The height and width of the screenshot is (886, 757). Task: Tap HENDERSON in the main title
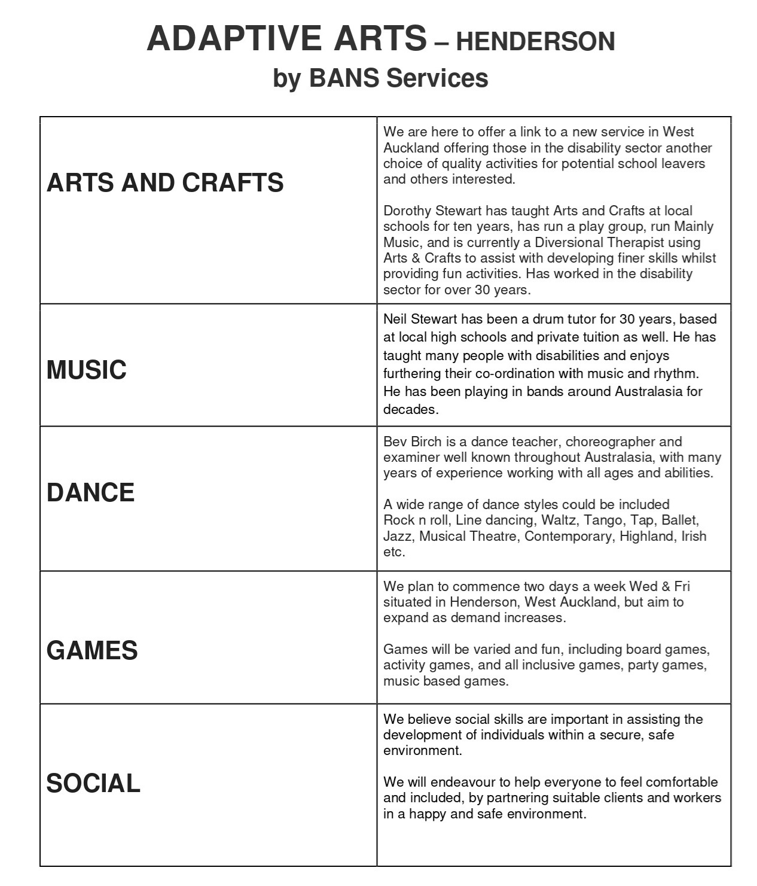[535, 42]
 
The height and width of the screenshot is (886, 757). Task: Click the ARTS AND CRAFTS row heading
[165, 182]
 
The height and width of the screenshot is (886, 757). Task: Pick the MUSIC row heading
[87, 370]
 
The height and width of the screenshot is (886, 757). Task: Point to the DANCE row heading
[91, 492]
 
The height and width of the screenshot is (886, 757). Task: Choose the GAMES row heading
[92, 650]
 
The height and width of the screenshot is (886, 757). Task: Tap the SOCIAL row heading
[93, 783]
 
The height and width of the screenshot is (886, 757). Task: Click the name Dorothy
[407, 211]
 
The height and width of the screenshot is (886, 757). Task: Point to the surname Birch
[425, 442]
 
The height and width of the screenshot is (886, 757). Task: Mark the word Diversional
[569, 242]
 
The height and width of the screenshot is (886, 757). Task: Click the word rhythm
[676, 373]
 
